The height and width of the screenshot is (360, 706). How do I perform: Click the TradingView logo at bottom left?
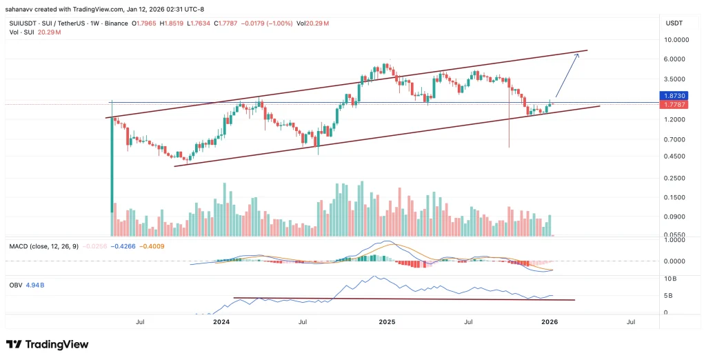coord(47,344)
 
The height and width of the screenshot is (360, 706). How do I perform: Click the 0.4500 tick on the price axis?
coord(676,156)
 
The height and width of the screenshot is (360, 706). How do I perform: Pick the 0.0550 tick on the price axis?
coord(676,234)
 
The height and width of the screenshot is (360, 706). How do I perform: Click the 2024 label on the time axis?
coord(221,322)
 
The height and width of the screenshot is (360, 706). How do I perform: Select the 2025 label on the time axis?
coord(387,322)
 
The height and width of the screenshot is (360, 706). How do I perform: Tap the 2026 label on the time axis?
coord(549,322)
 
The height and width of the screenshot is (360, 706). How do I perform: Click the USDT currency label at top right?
coord(674,23)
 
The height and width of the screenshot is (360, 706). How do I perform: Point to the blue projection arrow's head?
coord(578,54)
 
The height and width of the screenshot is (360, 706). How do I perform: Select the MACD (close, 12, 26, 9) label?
coord(42,245)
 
